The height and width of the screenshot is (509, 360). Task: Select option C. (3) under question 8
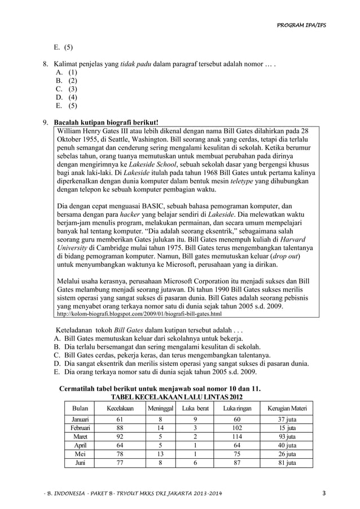[67, 89]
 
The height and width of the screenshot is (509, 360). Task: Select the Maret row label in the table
[76, 436]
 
